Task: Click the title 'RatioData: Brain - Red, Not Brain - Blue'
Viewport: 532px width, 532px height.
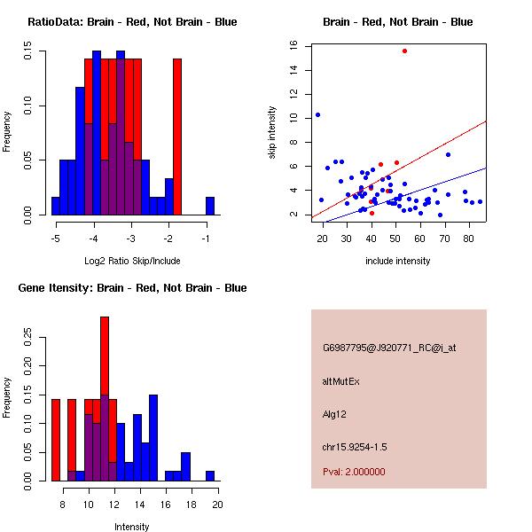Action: [131, 22]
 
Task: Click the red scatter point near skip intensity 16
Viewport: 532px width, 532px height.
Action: [404, 51]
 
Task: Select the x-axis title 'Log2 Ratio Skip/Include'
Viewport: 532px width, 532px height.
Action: [131, 261]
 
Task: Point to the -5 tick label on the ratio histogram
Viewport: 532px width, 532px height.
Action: [55, 239]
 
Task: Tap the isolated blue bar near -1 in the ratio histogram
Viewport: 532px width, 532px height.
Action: [210, 206]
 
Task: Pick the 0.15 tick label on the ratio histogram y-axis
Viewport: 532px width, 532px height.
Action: [27, 53]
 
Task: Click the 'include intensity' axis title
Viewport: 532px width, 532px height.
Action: [397, 261]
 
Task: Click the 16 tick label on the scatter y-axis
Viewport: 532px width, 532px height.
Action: [292, 46]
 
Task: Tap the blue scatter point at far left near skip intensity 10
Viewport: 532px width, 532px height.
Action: [317, 114]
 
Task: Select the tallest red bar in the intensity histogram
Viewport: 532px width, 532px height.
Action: [105, 355]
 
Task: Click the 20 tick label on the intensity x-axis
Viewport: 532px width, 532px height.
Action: [216, 505]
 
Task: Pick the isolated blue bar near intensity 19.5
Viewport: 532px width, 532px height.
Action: [210, 476]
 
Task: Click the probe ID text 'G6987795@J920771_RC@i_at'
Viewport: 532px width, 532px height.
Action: [389, 348]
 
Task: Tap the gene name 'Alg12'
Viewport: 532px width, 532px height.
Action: [335, 413]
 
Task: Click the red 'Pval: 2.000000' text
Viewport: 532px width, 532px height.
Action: [354, 472]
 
